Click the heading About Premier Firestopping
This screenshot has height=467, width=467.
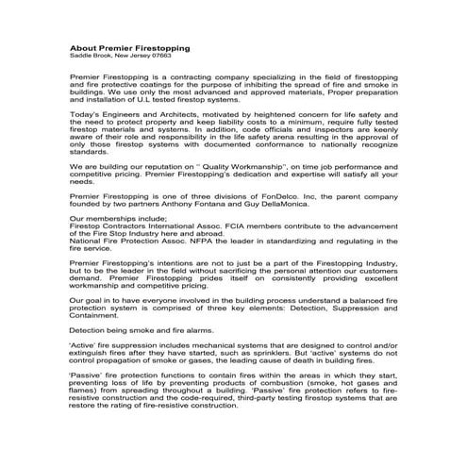pyautogui.click(x=129, y=48)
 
